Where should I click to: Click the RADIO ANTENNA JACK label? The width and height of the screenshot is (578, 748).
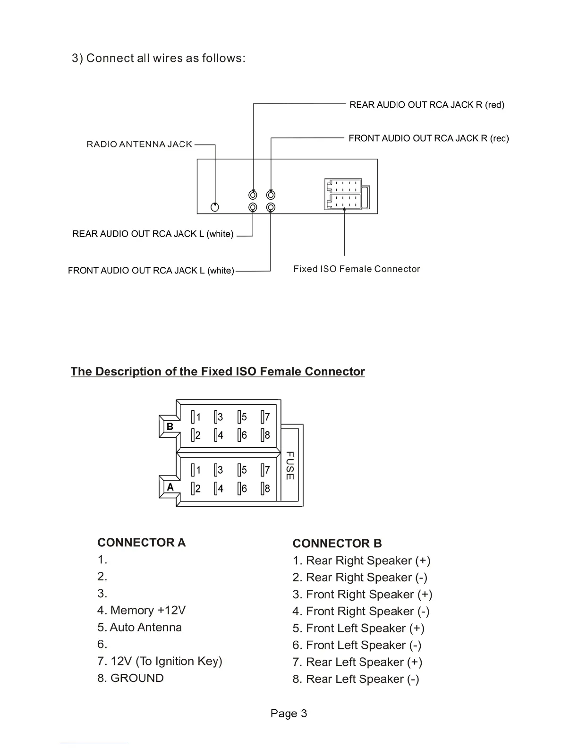139,144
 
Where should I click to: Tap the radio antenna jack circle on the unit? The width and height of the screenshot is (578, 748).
215,207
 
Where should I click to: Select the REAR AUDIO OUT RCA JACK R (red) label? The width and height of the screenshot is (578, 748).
427,105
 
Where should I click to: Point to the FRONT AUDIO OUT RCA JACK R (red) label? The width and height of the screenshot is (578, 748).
429,138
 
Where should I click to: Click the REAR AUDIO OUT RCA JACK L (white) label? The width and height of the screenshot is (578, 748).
153,234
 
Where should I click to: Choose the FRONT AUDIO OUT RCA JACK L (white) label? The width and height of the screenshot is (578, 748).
151,271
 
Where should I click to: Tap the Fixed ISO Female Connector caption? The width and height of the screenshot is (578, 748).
357,269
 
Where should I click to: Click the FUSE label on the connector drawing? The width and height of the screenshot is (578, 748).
290,466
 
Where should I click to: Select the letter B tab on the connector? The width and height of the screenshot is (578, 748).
170,426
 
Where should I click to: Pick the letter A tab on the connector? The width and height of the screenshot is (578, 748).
170,487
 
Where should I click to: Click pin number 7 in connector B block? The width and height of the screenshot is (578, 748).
267,417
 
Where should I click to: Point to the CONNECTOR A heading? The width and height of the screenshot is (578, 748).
142,543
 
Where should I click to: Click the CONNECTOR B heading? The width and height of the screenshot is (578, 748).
337,544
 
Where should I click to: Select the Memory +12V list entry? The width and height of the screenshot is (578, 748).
142,610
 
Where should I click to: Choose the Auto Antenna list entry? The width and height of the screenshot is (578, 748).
140,627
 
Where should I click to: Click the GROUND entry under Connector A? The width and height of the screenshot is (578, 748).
131,678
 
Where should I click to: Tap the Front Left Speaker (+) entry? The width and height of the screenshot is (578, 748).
358,628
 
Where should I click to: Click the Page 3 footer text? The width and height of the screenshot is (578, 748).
289,714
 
